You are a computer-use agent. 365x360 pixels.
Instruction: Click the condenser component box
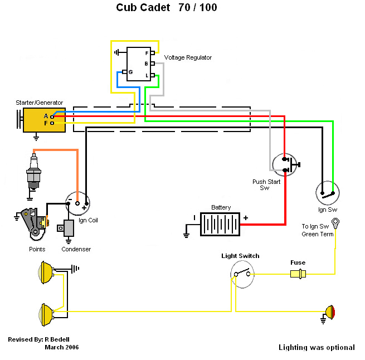tap(69, 227)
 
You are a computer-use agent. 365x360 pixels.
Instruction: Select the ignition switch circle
tap(328, 193)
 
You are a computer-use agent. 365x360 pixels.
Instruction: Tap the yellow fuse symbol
tap(298, 274)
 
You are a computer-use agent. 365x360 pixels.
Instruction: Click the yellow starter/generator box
tap(44, 119)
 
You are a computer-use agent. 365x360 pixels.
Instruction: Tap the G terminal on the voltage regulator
tap(126, 72)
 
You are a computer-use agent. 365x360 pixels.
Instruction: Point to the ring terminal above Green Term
tap(336, 223)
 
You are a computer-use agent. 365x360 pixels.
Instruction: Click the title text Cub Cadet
tap(142, 8)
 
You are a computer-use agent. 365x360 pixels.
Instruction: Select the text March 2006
tap(61, 347)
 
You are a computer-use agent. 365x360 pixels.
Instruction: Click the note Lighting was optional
tap(317, 347)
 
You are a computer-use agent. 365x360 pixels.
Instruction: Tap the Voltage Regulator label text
tap(188, 58)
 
